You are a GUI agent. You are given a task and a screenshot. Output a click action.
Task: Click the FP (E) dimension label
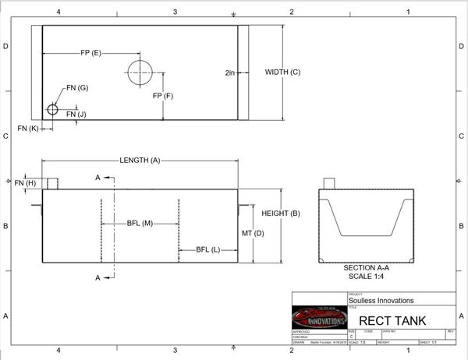90,53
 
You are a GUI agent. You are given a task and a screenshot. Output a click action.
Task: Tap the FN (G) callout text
77,88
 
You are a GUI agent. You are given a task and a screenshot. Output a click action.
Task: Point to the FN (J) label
76,115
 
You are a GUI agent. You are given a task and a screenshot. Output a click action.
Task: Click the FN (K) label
28,128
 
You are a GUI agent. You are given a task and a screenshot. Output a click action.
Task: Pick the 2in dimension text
230,72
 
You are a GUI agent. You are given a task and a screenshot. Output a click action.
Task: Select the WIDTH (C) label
282,72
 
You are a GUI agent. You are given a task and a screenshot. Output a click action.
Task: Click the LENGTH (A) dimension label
140,160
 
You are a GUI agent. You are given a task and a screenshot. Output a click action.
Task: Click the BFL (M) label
140,224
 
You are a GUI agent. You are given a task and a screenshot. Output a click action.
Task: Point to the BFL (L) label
207,249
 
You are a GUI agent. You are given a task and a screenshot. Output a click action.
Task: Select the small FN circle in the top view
52,109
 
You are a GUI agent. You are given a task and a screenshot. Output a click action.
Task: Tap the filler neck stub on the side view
53,184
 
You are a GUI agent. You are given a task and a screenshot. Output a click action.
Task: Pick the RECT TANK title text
389,320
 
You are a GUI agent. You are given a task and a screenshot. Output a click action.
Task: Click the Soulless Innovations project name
381,300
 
